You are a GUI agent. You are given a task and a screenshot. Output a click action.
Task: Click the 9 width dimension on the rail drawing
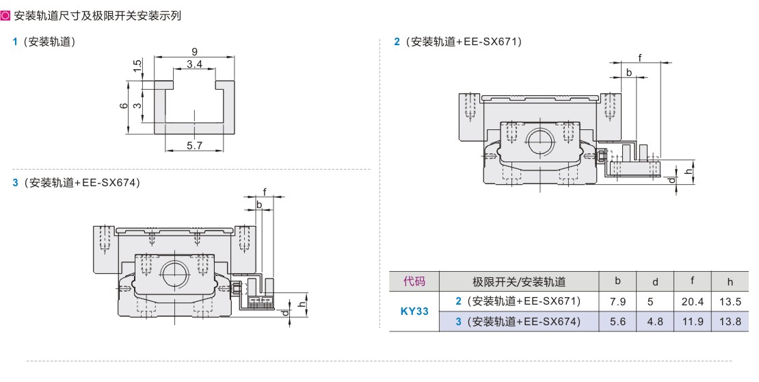(195, 51)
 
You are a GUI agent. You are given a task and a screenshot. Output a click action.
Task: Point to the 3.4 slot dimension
(194, 64)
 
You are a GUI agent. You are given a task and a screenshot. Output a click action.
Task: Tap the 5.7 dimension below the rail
(194, 145)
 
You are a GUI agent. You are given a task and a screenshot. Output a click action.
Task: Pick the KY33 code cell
(414, 311)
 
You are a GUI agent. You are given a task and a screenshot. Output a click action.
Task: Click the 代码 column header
(414, 281)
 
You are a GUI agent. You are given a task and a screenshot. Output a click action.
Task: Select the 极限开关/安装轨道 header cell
(519, 281)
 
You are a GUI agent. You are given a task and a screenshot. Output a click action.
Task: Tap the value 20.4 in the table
(693, 301)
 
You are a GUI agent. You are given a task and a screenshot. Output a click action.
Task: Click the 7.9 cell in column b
(617, 301)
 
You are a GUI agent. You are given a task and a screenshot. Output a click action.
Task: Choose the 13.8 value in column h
(730, 321)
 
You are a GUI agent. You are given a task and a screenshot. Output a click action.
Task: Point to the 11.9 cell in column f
(693, 321)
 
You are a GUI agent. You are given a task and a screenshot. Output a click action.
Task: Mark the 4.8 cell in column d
(654, 321)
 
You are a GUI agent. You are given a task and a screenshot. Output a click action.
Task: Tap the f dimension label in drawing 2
(640, 58)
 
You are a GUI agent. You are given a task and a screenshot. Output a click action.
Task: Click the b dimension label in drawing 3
(259, 205)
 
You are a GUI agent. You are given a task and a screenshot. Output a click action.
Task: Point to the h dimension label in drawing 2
(688, 173)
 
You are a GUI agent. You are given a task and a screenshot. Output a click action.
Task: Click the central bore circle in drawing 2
(540, 140)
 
